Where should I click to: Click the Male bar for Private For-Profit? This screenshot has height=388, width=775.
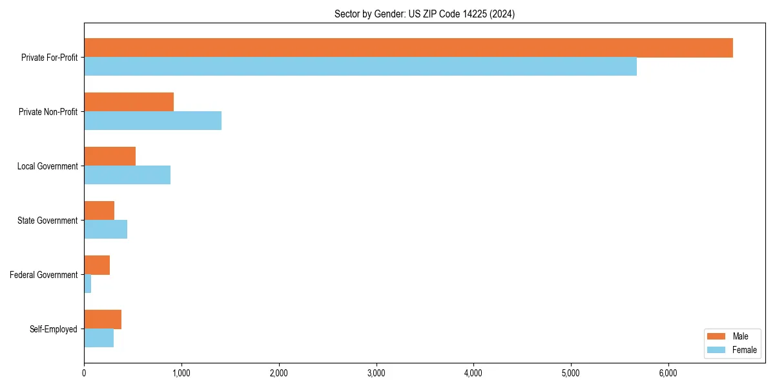coord(408,48)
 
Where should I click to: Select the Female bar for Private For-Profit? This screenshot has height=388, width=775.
coord(360,66)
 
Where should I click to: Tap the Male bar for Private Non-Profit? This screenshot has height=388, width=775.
coord(129,102)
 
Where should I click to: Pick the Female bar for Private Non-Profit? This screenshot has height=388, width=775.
coord(153,120)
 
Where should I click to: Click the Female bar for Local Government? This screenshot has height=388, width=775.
coord(127,175)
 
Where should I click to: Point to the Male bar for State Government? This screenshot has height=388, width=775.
coord(99,211)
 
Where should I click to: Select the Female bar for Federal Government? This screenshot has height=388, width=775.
coord(88,283)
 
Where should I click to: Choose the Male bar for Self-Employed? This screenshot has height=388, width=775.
coord(103,319)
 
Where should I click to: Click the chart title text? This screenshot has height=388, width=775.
coord(424,14)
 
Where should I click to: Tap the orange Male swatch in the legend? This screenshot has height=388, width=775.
coord(717,336)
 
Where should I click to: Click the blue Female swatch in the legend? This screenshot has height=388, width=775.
coord(717,350)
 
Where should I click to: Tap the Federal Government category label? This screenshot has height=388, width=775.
coord(44,275)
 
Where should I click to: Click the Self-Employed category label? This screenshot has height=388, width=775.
coord(54,329)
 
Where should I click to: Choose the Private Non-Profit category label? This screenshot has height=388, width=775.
coord(48,112)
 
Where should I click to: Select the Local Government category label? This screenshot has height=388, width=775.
coord(48,166)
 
